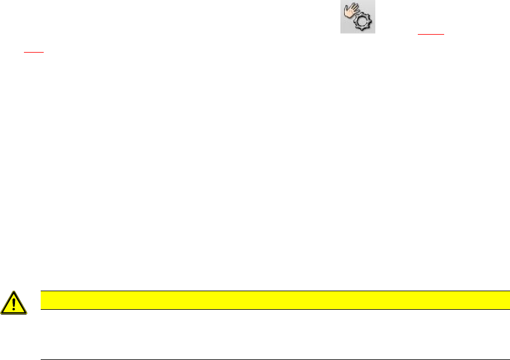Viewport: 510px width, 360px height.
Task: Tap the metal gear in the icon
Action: coord(362,22)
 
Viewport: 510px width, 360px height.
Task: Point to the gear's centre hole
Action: coord(362,23)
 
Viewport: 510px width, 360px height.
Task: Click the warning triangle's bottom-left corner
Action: coord(2,313)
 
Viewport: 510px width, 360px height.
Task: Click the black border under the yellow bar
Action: coord(271,309)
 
